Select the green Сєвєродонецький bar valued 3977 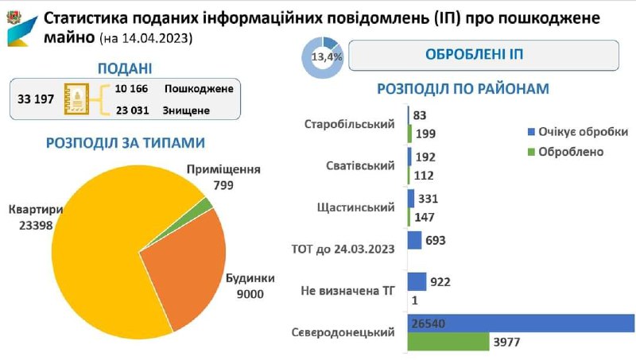click(x=448, y=341)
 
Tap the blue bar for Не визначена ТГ click(x=417, y=281)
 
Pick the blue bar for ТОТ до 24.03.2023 click(x=414, y=240)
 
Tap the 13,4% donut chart click(x=322, y=56)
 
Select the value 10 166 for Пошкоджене click(x=131, y=88)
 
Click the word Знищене click(x=186, y=110)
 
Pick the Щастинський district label click(x=355, y=207)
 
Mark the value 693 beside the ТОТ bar click(x=436, y=240)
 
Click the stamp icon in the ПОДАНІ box click(x=78, y=99)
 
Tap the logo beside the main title click(x=20, y=25)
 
